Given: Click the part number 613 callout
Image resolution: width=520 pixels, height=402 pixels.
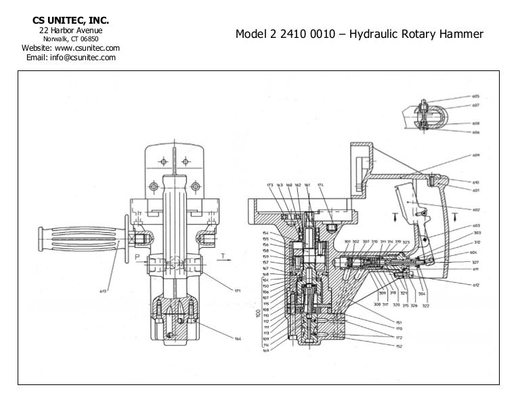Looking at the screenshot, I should [104, 291].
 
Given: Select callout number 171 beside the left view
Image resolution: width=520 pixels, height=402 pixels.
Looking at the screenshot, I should [238, 291].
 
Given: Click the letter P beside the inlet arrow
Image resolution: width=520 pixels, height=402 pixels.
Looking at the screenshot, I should [137, 256].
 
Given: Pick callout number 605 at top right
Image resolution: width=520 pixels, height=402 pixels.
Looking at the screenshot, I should [476, 97].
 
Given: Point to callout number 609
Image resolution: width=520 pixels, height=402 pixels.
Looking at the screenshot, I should [476, 156].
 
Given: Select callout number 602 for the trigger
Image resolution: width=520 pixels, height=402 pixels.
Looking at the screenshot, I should [476, 208].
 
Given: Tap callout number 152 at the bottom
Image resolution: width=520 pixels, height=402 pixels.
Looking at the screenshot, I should [399, 346].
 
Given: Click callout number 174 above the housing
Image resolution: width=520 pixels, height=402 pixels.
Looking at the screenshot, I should [320, 185].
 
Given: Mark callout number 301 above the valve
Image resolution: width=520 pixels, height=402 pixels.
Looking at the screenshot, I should [347, 242].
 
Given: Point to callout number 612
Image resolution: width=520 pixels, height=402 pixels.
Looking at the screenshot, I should [476, 286].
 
